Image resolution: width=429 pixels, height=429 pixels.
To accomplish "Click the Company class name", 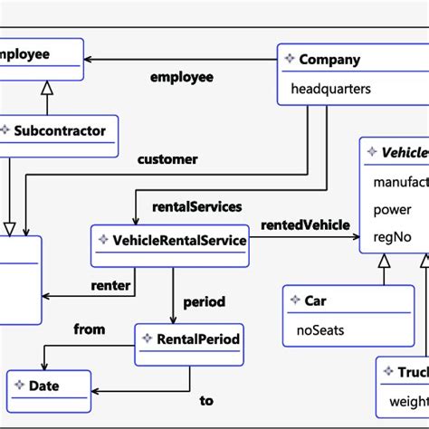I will (x=329, y=60).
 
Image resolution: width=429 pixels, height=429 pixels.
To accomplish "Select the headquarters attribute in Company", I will (x=330, y=90).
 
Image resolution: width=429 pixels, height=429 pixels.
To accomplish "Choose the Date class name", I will (x=44, y=386).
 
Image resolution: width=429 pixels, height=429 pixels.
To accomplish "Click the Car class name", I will (x=315, y=300).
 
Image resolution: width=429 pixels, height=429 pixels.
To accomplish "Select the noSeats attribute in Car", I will (x=320, y=330).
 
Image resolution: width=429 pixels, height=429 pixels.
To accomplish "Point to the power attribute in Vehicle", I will (x=392, y=210).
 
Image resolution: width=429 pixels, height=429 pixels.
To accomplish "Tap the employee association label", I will (x=181, y=77).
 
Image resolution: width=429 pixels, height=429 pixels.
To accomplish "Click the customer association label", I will (x=167, y=159).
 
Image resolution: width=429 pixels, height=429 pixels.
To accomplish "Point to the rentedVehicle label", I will (x=304, y=224).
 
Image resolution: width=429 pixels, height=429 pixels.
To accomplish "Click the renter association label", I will (x=111, y=286).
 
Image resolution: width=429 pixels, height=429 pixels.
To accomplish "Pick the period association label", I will (x=204, y=301).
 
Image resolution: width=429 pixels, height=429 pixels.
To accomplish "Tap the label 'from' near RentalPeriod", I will (x=90, y=329).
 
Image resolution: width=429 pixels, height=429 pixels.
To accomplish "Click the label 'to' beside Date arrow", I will (x=206, y=400).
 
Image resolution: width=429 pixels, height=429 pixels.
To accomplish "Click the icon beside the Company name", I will (x=289, y=60).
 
